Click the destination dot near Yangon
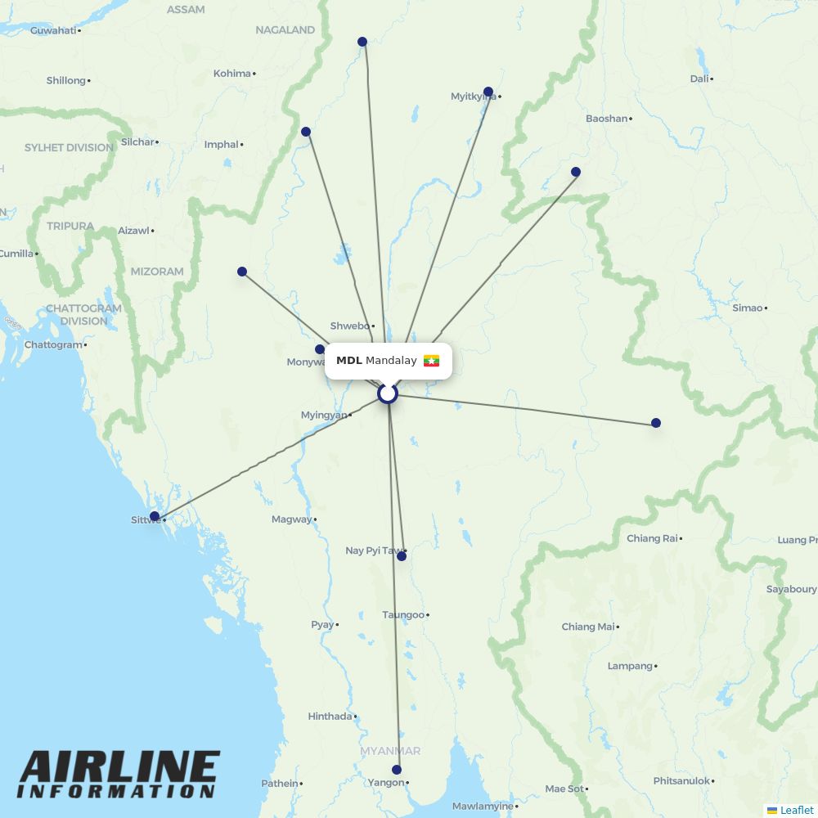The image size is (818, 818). point(397,770)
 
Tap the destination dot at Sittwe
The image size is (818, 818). point(155,516)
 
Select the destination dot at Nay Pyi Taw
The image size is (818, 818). point(402,556)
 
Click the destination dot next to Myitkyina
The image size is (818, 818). point(488,92)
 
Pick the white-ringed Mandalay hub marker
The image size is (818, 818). point(388,393)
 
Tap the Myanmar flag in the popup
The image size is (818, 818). point(431,361)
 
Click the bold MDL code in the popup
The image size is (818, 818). point(348,361)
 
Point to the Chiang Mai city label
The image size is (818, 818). point(587,627)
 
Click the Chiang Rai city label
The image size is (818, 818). point(652,538)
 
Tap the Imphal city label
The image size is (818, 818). point(221,145)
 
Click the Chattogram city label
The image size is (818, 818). point(53,345)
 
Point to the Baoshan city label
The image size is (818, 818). point(606,119)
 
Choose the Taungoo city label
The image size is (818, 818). point(403,615)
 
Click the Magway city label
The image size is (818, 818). point(291,519)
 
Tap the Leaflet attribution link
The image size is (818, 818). point(796,810)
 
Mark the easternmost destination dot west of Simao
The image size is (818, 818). point(656,423)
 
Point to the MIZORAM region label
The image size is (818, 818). point(157,272)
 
